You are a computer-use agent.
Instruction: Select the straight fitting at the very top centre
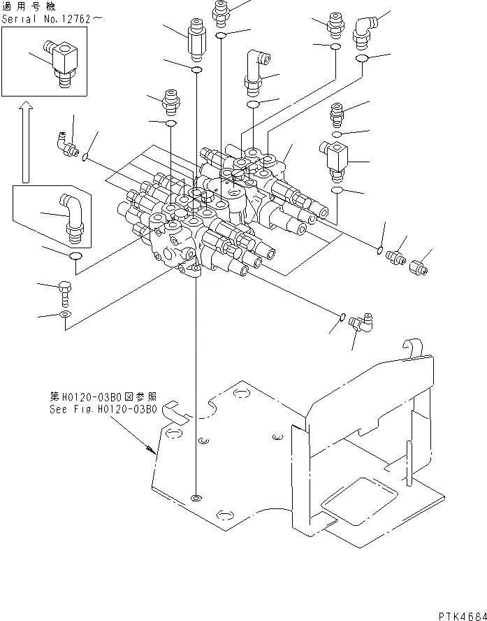coord(222,10)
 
